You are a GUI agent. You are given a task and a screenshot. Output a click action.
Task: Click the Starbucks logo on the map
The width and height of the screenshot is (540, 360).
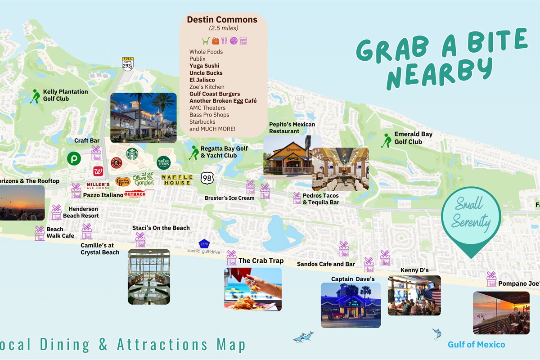pos(132,154)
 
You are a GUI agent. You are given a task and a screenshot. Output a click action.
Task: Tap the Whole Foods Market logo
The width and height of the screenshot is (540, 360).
pos(164,162)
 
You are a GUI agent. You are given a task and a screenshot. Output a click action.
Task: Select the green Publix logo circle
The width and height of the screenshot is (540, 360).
pos(74,158)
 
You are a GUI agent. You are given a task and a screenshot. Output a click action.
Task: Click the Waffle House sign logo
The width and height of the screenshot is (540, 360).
pos(177,180)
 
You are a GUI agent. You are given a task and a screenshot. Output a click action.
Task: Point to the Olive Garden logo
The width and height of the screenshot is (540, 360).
pos(144,179)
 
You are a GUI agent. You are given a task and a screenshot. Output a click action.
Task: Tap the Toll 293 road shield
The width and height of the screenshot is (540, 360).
pos(127,63)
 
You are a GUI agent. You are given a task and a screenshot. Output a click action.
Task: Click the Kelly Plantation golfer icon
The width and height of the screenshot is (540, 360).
pos(35,96)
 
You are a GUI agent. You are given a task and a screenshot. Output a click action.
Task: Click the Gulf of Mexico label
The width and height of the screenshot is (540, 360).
pos(476,345)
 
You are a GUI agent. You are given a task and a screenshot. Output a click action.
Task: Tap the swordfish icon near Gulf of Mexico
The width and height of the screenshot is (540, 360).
pos(436,333)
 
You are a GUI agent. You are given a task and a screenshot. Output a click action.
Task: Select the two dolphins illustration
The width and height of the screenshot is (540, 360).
pos(303,337)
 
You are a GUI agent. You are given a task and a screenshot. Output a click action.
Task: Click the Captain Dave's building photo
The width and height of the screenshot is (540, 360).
pos(351,305)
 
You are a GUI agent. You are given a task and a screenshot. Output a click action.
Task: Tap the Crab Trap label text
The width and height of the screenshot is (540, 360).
pos(261,261)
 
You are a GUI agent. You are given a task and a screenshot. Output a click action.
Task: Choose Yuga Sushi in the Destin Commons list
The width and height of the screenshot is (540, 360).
pos(204,66)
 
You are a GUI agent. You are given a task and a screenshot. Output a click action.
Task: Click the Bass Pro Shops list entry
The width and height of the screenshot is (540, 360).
pos(209,115)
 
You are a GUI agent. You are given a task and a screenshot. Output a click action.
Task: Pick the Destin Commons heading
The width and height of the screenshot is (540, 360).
pos(222,19)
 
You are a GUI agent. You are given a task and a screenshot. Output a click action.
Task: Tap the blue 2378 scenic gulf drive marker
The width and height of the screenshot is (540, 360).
pos(204,244)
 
